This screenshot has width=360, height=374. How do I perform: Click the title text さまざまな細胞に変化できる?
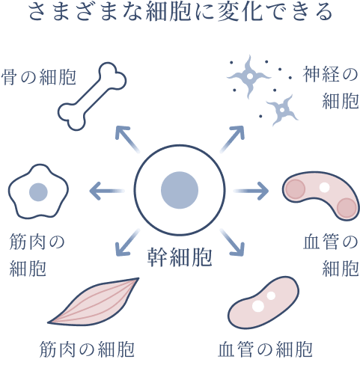coord(180,12)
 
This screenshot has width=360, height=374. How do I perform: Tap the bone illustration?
coord(92,96)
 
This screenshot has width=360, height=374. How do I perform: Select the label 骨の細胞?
coord(39,77)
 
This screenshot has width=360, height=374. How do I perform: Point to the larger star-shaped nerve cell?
coord(248,76)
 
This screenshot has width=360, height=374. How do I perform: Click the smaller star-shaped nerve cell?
coord(282,110)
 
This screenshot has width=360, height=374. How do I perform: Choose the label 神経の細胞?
coord(331,88)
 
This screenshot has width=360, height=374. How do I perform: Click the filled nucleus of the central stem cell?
coord(180,190)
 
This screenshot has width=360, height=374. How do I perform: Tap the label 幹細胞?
coord(180,257)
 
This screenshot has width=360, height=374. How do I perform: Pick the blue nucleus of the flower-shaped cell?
coord(38,192)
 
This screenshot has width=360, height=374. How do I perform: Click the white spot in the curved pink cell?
coord(325,187)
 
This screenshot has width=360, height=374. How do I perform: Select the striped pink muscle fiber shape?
coord(93,302)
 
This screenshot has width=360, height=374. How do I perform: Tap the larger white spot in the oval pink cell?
coord(258,306)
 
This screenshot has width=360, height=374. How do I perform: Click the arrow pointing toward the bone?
coord(127,139)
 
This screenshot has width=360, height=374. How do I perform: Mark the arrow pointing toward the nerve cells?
coord(232,139)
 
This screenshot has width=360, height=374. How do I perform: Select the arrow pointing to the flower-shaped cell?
coord(107,191)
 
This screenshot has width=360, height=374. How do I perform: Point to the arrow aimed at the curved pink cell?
coord(251,191)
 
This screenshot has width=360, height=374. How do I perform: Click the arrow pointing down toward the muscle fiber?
coord(127,242)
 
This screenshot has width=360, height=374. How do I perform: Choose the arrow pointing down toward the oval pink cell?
coord(232,242)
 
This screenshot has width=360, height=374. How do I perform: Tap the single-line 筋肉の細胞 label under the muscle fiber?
coord(87,349)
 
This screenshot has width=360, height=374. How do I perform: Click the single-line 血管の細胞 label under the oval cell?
coord(265,349)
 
